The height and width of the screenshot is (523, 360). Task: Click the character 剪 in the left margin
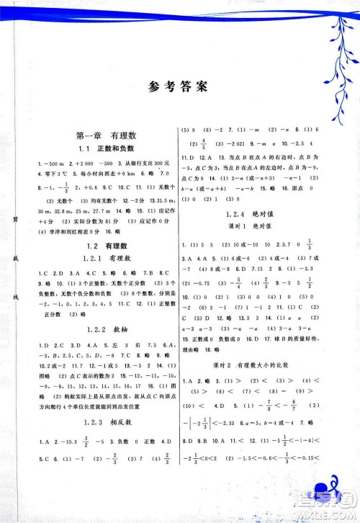14,219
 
